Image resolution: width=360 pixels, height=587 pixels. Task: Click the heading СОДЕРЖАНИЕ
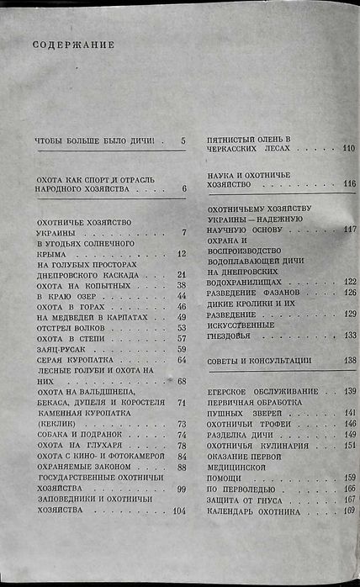74,43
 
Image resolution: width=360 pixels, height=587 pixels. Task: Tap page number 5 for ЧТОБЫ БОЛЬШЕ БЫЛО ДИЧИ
183,140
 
